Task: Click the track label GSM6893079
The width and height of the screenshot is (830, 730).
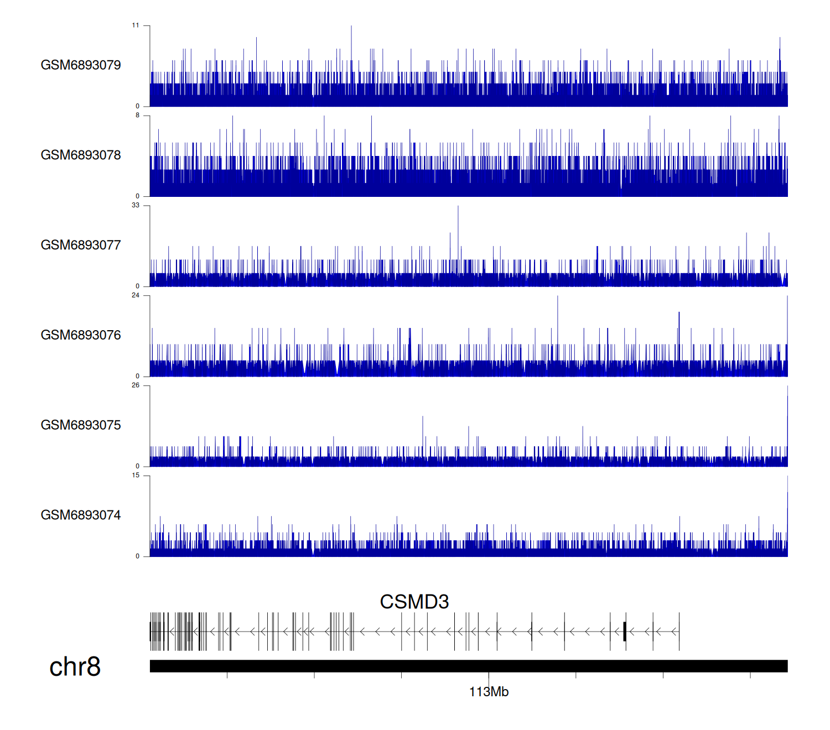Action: (81, 65)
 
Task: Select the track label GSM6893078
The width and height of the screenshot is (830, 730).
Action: (81, 155)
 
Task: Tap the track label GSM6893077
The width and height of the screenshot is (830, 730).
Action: (81, 246)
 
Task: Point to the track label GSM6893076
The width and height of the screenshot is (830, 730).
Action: (81, 335)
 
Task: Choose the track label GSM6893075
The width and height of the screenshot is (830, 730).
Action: (81, 425)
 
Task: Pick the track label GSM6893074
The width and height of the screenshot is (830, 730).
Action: (81, 515)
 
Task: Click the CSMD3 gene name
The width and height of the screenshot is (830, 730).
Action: (414, 602)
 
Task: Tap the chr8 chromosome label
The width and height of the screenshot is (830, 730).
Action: (75, 666)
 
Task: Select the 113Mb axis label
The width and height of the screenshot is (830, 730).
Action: (489, 692)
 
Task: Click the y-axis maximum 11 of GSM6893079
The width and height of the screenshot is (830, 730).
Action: (136, 25)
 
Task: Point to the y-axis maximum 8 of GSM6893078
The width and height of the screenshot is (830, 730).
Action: (137, 116)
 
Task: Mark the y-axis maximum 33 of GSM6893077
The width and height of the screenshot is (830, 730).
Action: (136, 205)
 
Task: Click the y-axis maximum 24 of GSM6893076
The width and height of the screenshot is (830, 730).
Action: (136, 295)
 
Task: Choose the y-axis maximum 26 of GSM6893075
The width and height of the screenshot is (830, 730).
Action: (136, 385)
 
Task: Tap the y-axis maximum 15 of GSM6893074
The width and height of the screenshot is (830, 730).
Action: (136, 476)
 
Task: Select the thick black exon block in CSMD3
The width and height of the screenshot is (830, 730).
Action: (625, 632)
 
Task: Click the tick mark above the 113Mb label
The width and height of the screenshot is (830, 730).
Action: (489, 675)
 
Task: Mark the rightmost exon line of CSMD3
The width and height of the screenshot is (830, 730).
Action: (679, 632)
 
